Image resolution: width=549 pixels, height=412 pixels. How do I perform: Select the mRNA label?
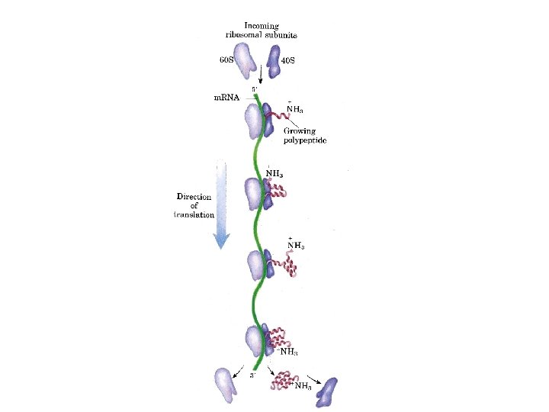[x=226, y=98]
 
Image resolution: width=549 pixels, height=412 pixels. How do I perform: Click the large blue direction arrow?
[x=220, y=206]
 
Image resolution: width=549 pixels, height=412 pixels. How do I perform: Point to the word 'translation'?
[x=194, y=215]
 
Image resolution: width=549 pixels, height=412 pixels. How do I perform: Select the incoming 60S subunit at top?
[x=245, y=60]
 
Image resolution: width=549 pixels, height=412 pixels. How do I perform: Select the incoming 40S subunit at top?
[x=273, y=62]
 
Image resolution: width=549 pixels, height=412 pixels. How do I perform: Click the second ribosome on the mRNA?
[x=258, y=194]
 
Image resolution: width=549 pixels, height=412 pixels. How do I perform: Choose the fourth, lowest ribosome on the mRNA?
[x=258, y=341]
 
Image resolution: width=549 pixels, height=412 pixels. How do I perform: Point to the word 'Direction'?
[x=194, y=197]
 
